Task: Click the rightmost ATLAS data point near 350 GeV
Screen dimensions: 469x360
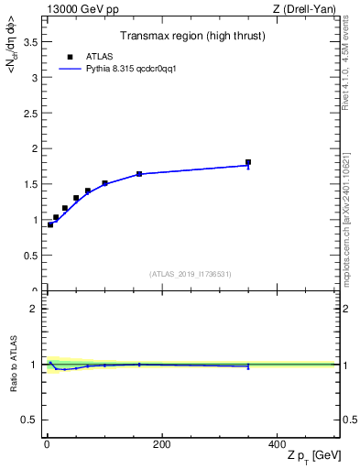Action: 248,162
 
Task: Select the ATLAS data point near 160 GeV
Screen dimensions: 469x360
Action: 139,174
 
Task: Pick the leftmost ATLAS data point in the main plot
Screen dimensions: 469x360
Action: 50,224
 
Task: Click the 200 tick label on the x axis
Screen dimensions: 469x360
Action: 161,444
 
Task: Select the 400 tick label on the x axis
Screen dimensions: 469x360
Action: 277,444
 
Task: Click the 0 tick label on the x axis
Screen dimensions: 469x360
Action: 47,444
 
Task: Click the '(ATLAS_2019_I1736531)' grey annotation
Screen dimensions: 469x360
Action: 191,274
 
